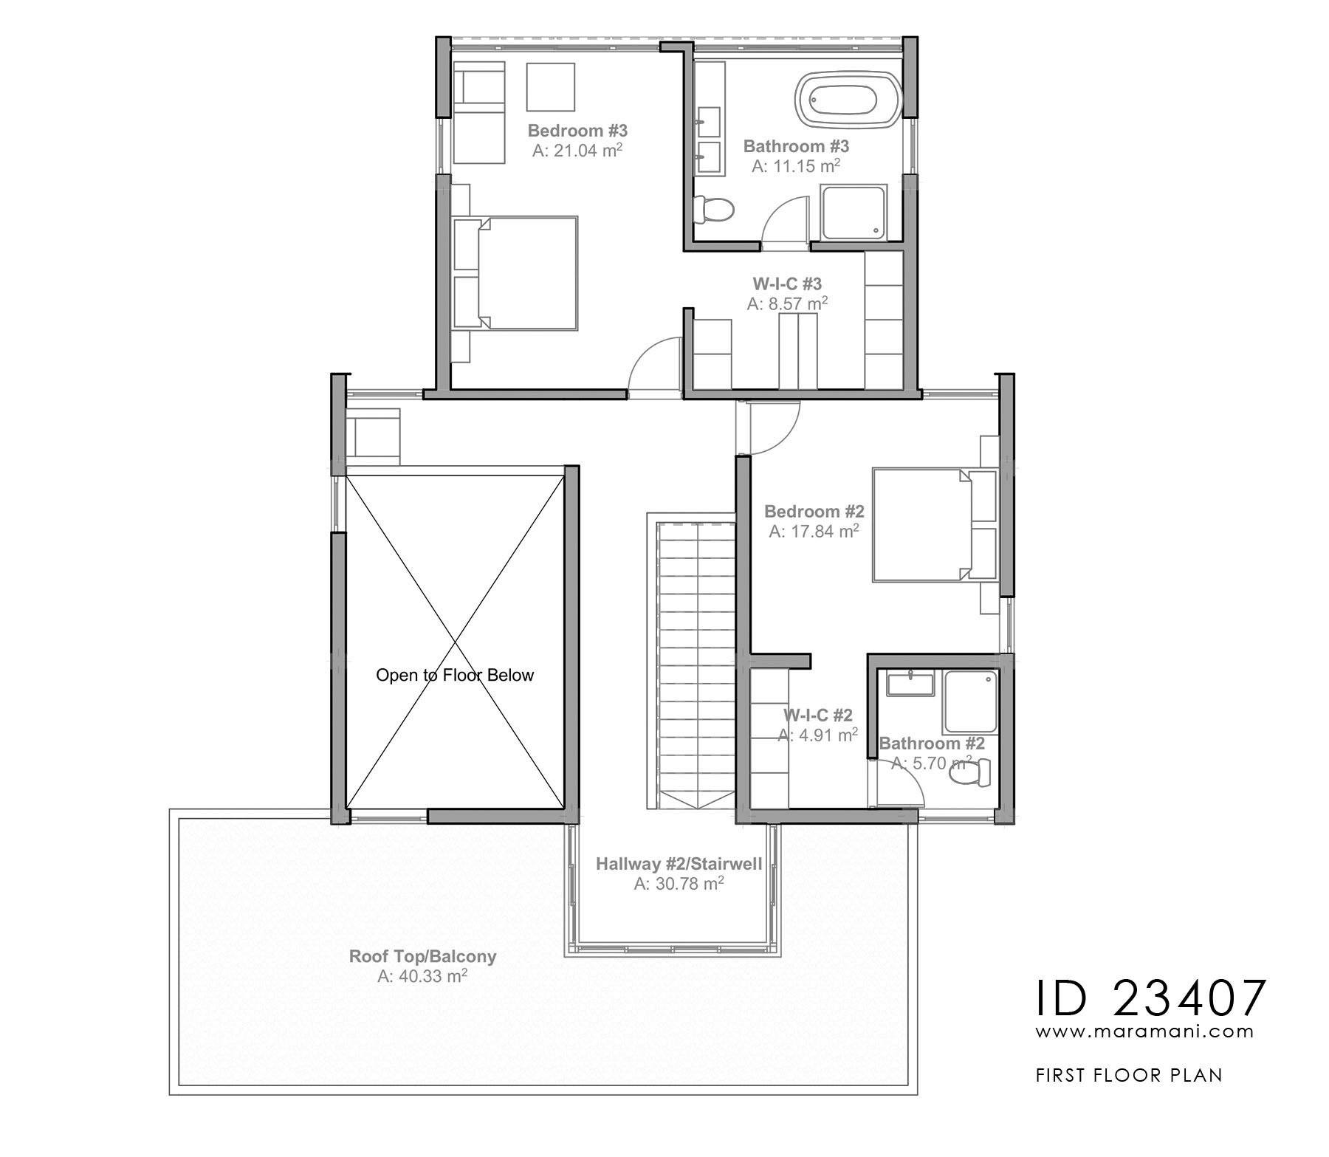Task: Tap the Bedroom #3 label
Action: point(577,131)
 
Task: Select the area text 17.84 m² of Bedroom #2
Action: point(814,532)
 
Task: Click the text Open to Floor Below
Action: point(454,675)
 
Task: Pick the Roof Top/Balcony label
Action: point(422,956)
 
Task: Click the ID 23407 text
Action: point(1150,999)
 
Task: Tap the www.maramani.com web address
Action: point(1144,1031)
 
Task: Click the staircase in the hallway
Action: point(695,665)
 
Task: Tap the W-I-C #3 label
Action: point(787,284)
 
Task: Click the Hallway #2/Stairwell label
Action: point(679,863)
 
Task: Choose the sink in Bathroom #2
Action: point(910,684)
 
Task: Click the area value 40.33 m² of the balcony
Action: point(422,977)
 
